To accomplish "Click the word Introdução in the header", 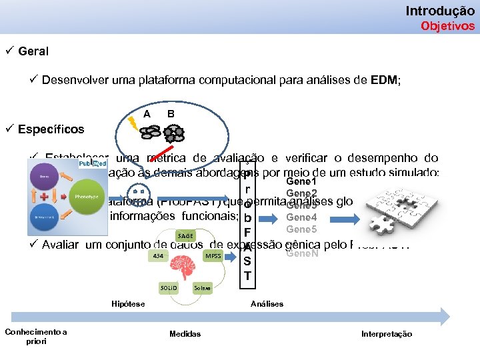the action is (x=440, y=11).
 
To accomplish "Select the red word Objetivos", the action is (x=448, y=26).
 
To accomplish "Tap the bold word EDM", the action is (x=383, y=81).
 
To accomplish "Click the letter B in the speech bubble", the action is (x=171, y=114).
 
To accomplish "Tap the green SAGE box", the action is (x=186, y=235).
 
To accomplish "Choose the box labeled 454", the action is (x=158, y=255).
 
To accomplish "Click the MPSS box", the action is (x=213, y=255).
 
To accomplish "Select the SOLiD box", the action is (x=169, y=287).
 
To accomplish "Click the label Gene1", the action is (x=301, y=181).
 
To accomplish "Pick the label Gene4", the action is (x=301, y=217).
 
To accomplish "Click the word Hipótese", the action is (x=128, y=304).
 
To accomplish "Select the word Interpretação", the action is (x=387, y=334).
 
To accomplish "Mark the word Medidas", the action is (x=185, y=334).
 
